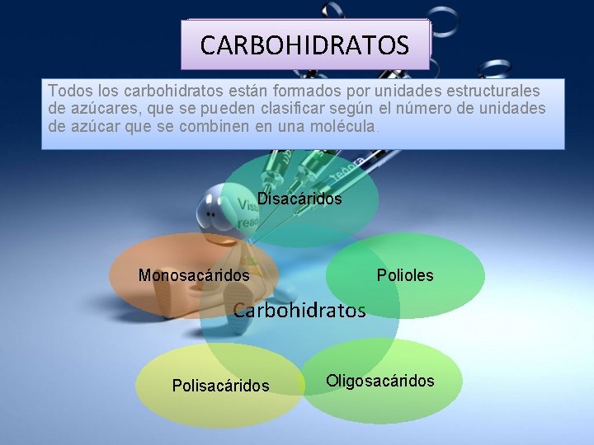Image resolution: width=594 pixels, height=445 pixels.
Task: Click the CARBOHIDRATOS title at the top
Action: [x=304, y=44]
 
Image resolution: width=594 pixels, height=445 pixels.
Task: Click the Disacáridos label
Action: [x=299, y=199]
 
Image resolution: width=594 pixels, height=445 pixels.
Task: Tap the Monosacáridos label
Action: [x=194, y=275]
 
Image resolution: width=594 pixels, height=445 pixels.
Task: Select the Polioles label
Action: [x=405, y=275]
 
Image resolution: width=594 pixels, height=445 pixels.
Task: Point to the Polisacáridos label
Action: [x=220, y=385]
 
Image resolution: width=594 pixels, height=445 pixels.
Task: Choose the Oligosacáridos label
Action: [x=379, y=381]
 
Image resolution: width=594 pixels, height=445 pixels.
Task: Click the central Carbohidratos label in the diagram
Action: [x=299, y=311]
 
